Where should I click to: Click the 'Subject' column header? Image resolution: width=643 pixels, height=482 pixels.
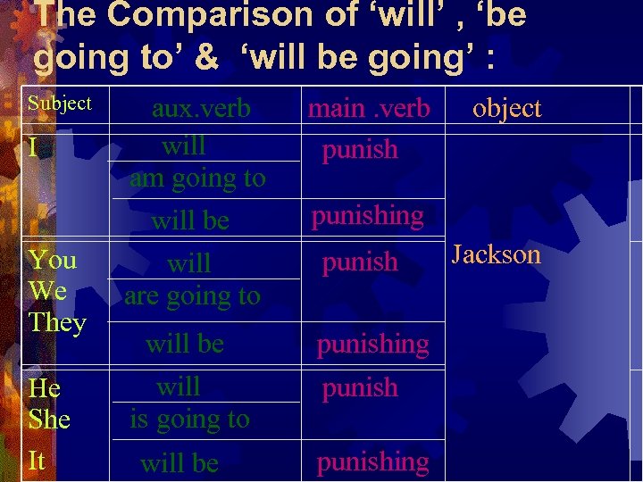[60, 103]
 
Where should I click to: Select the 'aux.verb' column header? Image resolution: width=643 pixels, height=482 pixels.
[201, 109]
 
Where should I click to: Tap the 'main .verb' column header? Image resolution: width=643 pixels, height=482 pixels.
[369, 109]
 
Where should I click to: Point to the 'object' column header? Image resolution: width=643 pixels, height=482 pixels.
[506, 108]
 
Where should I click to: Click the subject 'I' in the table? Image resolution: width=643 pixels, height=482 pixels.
[33, 147]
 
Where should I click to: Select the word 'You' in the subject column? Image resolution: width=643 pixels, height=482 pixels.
[53, 260]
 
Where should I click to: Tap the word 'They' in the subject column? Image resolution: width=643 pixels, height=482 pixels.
[57, 322]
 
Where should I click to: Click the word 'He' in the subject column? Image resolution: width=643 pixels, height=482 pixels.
[44, 388]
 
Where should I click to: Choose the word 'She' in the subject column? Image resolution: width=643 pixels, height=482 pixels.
[49, 419]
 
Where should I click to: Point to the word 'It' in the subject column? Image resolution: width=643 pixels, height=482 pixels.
[37, 460]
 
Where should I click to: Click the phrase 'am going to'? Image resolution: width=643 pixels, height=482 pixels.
[197, 178]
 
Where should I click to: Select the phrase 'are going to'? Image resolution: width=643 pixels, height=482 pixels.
[192, 295]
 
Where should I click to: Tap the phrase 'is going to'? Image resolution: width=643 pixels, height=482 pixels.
[189, 418]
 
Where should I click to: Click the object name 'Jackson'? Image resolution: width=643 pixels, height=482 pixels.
[496, 254]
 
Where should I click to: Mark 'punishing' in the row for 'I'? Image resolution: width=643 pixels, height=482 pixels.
[367, 215]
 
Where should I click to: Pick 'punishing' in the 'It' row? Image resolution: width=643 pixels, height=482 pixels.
[372, 461]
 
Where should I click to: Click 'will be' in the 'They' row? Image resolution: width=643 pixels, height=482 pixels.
[184, 344]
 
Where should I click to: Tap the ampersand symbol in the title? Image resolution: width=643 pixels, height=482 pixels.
[205, 57]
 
